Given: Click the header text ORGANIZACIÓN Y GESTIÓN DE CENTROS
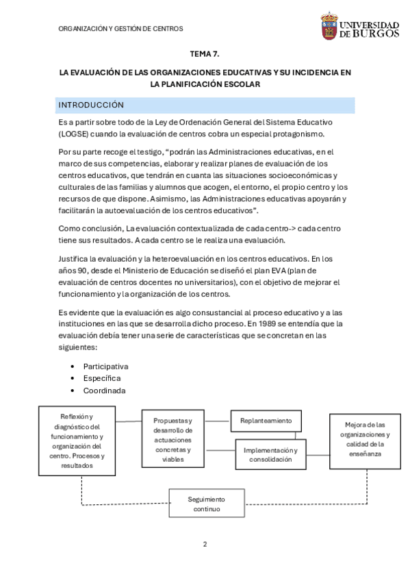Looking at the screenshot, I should tap(121, 29).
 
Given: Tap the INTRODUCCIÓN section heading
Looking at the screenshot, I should tap(91, 105).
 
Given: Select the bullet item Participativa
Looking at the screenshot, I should tap(105, 366).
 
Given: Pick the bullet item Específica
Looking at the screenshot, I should tap(102, 378).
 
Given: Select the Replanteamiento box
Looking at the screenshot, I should tap(266, 420).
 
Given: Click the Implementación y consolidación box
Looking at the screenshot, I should tap(271, 454).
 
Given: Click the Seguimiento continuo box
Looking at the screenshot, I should tap(206, 504).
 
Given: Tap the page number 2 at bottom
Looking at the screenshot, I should tap(205, 544).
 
